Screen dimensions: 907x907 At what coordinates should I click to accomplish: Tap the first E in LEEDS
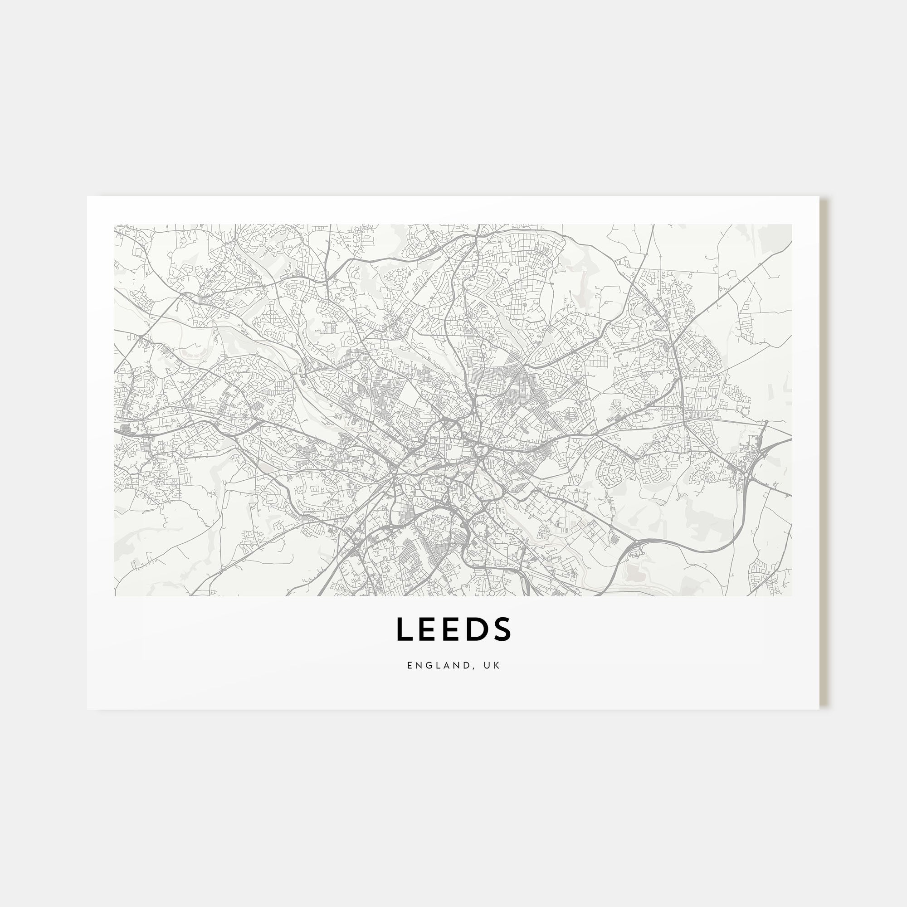(x=429, y=629)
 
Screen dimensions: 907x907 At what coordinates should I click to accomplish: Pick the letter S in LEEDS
(x=502, y=629)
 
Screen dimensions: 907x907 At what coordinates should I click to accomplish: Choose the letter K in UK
(x=497, y=665)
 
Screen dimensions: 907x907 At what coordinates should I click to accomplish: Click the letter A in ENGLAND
(x=449, y=665)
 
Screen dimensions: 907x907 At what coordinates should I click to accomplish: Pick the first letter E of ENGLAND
(x=410, y=665)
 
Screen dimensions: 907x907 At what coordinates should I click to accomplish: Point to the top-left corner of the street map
(x=115, y=224)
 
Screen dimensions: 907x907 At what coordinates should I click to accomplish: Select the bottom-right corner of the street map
(x=792, y=596)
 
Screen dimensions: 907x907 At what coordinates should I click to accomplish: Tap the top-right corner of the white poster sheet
(x=819, y=196)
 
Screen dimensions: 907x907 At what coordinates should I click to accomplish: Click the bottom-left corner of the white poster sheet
(x=88, y=709)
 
